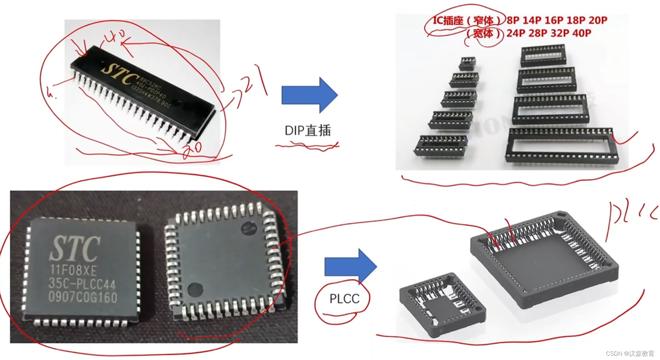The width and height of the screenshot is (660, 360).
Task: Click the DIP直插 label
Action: coord(308,131)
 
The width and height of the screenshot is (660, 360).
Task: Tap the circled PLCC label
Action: coord(344,299)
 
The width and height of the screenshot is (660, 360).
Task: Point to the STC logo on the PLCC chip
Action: coord(75,249)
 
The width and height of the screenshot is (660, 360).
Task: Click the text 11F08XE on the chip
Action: coord(73,271)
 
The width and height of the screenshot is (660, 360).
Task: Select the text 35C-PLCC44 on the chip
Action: coord(82,284)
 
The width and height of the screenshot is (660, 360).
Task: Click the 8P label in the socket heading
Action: coord(513,20)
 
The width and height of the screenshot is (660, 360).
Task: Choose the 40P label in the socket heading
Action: coord(582,33)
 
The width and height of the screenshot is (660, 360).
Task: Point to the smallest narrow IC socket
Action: coord(467,64)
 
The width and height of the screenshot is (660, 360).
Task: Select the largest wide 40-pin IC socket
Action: coord(562,146)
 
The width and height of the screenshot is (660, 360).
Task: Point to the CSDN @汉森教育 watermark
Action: coord(630,354)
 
